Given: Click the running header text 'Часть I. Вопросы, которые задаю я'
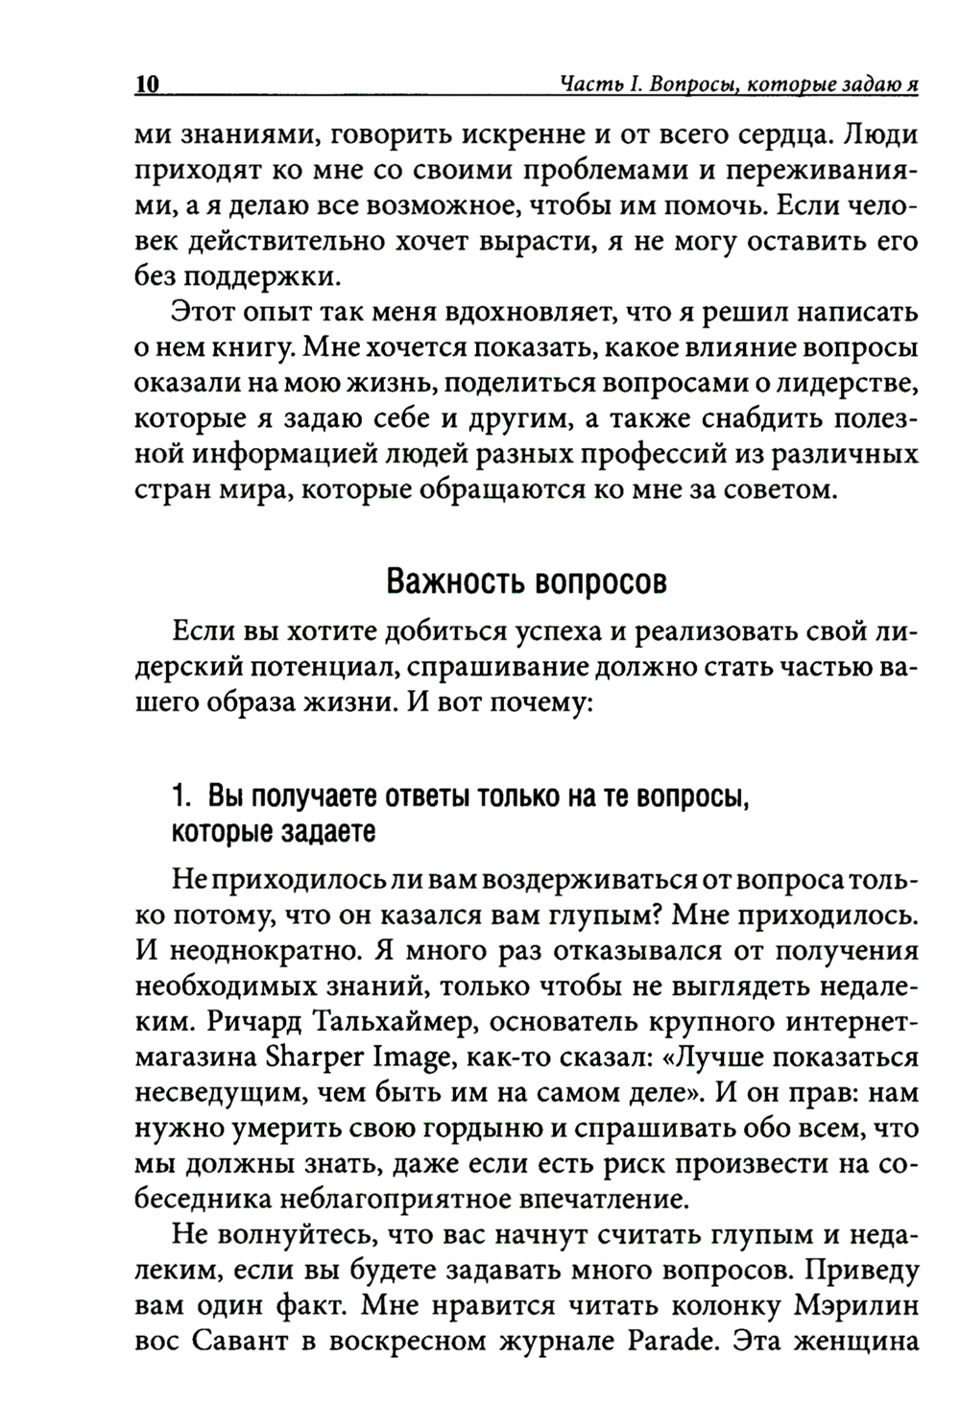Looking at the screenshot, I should pos(739,84).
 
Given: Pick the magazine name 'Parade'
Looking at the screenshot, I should pos(662,1341).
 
